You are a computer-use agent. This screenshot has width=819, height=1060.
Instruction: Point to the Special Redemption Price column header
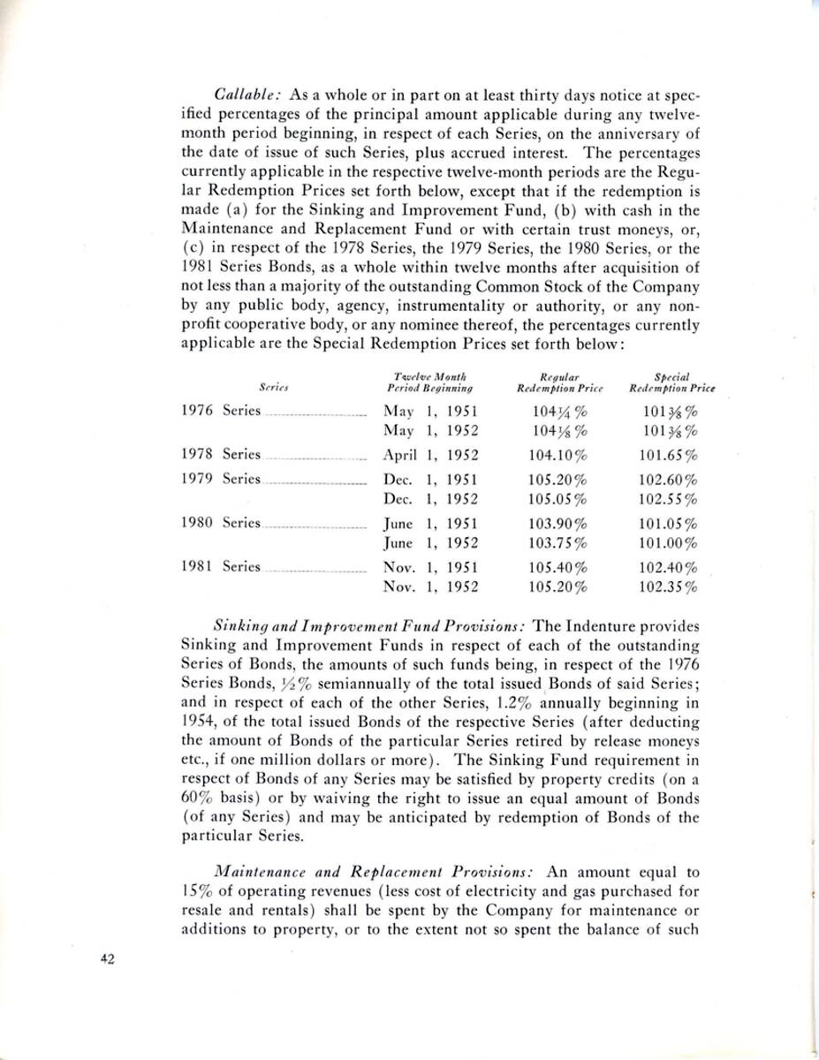[x=671, y=382]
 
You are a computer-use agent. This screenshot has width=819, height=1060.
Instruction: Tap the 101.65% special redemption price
[x=669, y=455]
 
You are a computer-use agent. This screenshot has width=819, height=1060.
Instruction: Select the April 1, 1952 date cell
[x=430, y=455]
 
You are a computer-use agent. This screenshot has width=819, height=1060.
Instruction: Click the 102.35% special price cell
[x=669, y=586]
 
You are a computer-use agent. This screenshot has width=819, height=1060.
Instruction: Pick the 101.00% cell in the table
[x=669, y=541]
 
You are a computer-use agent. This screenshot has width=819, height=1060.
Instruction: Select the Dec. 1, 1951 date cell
[x=430, y=480]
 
